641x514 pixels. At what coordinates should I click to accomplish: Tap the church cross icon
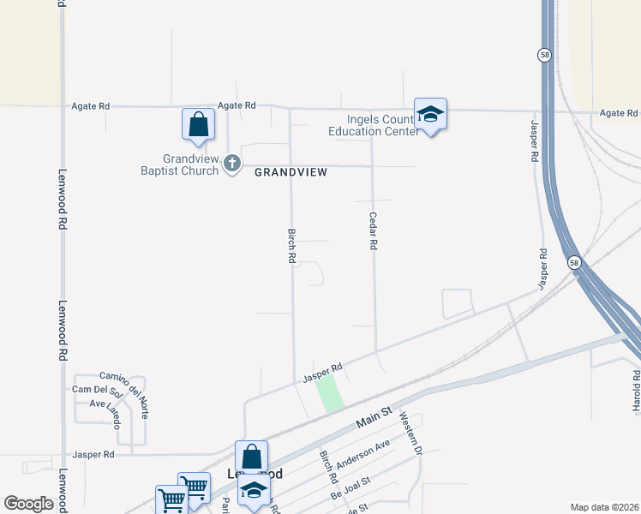232,163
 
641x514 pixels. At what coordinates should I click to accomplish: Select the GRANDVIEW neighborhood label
291,172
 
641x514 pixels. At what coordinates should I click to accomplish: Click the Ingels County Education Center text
373,125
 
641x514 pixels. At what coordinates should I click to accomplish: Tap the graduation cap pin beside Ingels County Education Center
430,114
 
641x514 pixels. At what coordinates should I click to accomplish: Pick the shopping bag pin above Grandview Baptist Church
198,124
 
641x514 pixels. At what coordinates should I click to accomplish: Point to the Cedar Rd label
374,231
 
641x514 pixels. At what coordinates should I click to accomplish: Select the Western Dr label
412,433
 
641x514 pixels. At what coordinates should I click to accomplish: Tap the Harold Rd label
636,391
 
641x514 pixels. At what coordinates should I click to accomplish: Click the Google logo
29,504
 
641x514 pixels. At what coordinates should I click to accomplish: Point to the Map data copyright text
604,507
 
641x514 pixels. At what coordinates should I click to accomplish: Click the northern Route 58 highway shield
544,55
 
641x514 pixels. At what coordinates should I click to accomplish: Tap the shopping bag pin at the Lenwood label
251,457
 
